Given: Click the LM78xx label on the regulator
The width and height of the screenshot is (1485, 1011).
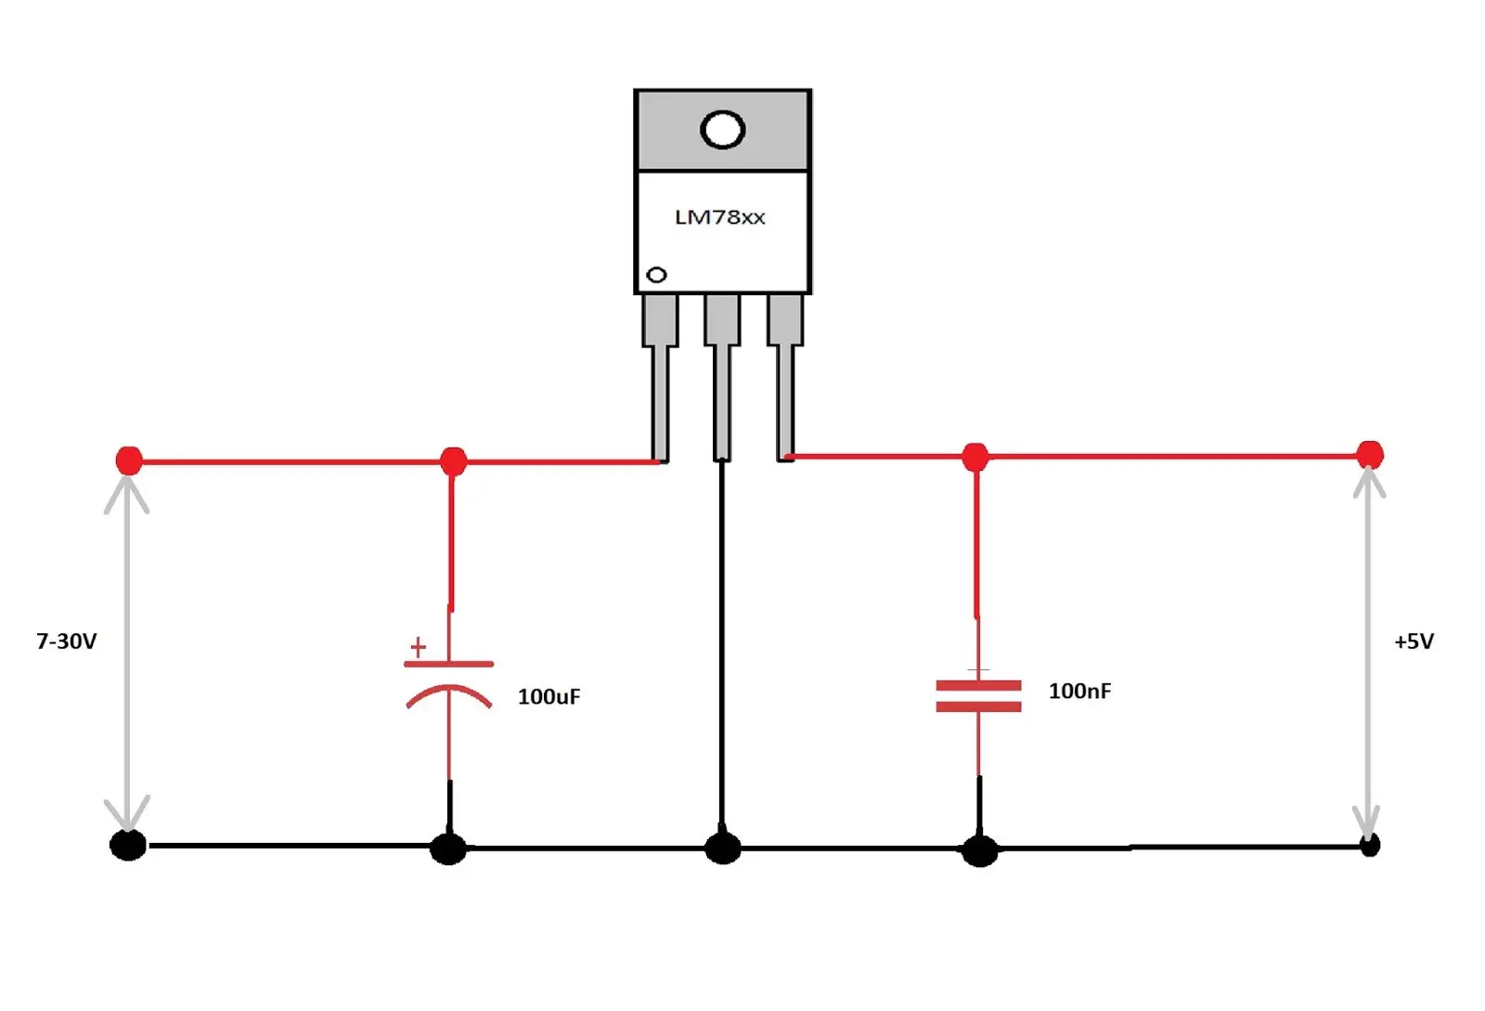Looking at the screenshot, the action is click(x=720, y=217).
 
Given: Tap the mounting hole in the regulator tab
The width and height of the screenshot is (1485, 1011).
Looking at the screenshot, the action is click(x=723, y=129).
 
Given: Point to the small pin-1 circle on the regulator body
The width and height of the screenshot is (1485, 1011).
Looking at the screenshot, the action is click(x=656, y=275).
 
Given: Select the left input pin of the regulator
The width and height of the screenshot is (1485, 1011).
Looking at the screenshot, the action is click(x=660, y=378).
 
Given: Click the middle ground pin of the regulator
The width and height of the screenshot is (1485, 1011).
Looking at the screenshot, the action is click(x=722, y=378).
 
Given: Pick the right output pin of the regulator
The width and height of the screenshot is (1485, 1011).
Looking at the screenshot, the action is click(x=785, y=378).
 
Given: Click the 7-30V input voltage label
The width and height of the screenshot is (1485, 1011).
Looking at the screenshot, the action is click(x=66, y=642).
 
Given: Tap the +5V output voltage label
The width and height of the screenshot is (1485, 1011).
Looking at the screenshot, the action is click(x=1414, y=642).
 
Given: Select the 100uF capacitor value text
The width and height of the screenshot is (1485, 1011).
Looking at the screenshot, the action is click(x=549, y=697).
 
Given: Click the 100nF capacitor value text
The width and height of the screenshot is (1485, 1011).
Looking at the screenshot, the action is click(x=1080, y=692).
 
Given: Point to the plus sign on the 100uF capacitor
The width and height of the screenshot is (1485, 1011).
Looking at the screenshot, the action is click(x=418, y=646).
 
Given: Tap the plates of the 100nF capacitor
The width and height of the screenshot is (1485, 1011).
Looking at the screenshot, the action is click(x=978, y=696).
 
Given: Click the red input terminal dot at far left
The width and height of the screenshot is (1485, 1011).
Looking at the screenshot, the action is click(x=129, y=460).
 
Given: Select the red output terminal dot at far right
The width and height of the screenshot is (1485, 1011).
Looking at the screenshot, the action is click(x=1370, y=456).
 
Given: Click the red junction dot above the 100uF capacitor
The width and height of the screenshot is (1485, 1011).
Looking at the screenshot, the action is click(x=454, y=460).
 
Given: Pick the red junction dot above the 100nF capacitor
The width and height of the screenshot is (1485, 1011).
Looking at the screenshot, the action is click(x=975, y=457).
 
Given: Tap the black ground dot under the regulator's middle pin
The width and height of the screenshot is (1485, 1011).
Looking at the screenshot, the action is click(x=723, y=849).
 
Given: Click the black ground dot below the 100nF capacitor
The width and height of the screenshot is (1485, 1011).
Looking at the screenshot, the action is click(x=980, y=851).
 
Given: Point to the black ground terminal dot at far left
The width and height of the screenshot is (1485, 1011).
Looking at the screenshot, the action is click(x=128, y=845).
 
